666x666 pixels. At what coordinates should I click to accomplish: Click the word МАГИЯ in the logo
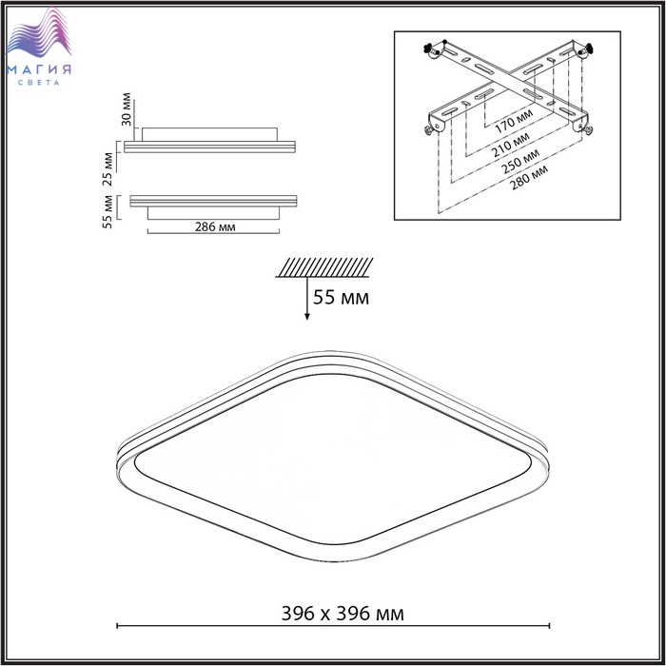tap(39, 69)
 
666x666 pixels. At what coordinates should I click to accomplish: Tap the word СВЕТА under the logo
tap(39, 83)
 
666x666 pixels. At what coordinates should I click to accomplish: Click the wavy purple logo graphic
tap(39, 33)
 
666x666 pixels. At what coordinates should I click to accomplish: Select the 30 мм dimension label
tap(127, 108)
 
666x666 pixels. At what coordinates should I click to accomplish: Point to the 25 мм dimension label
tap(108, 169)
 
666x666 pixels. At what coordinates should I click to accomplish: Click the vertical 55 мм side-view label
tap(108, 212)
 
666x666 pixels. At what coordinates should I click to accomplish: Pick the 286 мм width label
tap(215, 226)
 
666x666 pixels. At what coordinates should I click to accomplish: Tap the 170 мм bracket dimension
tap(514, 121)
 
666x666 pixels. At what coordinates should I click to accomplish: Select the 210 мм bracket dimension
tap(510, 145)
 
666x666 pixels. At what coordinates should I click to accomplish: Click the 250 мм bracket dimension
tap(519, 162)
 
